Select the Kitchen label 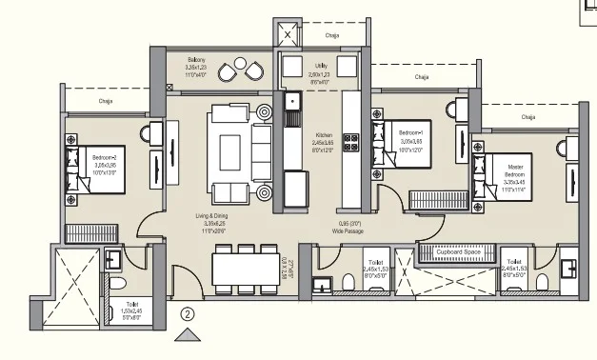[324, 136]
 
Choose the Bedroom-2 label [105, 156]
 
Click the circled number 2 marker [189, 312]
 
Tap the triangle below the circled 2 [189, 333]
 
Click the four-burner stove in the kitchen [351, 142]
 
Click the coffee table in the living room [231, 151]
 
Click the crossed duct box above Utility [287, 35]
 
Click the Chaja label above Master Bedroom [527, 116]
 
